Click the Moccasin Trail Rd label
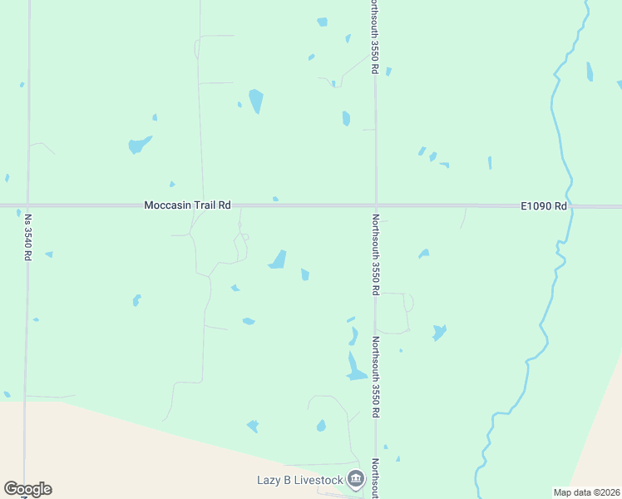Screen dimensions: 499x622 187,205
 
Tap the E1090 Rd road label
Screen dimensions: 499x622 544,205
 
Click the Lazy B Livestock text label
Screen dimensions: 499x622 299,479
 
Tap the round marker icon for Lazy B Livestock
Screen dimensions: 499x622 356,478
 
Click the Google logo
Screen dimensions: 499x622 27,489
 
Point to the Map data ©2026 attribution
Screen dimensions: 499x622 586,492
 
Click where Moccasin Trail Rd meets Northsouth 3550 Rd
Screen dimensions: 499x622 376,205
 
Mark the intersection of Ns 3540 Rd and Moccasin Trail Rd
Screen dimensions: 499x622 27,205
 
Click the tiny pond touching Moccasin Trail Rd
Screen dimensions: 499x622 275,200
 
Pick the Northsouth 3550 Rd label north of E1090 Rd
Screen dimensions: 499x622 376,37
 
